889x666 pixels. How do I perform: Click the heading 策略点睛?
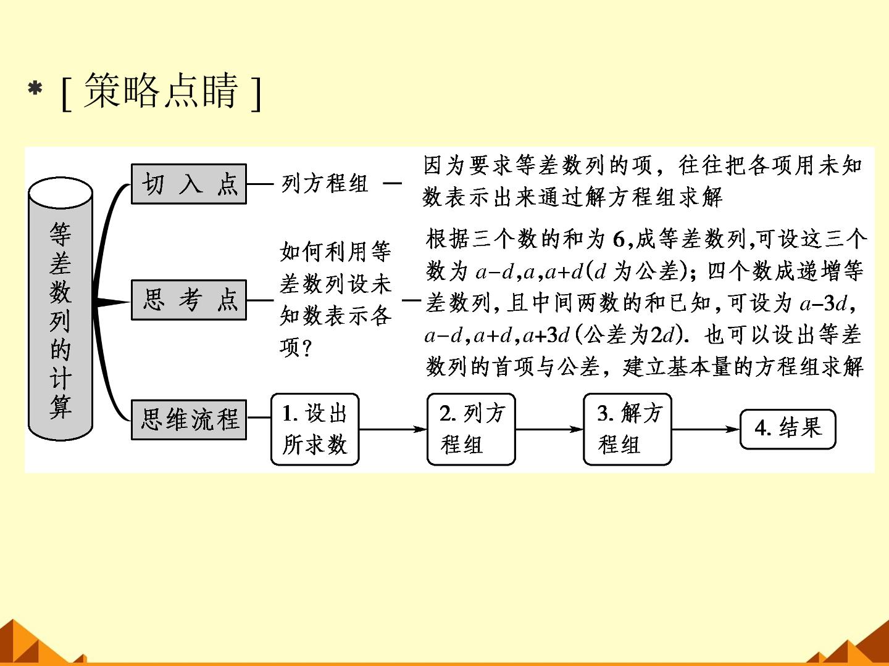point(161,91)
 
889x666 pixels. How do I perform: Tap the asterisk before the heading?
point(35,89)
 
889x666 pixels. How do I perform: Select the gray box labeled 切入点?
point(189,184)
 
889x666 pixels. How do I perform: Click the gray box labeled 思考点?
point(189,300)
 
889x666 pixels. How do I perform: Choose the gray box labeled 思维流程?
point(189,419)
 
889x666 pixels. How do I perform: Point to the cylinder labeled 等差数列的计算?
point(61,309)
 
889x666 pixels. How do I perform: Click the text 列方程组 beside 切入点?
point(325,184)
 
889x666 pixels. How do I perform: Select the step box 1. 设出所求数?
point(315,429)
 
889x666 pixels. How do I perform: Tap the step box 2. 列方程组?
point(471,429)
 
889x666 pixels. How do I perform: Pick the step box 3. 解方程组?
point(627,429)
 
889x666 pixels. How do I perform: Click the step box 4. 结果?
point(788,429)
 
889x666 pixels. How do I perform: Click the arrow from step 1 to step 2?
point(393,429)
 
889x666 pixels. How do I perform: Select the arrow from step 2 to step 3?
point(549,429)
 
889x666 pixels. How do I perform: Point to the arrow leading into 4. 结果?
point(706,429)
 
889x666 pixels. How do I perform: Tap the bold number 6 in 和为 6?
point(619,239)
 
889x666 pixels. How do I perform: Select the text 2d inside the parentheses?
point(661,336)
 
